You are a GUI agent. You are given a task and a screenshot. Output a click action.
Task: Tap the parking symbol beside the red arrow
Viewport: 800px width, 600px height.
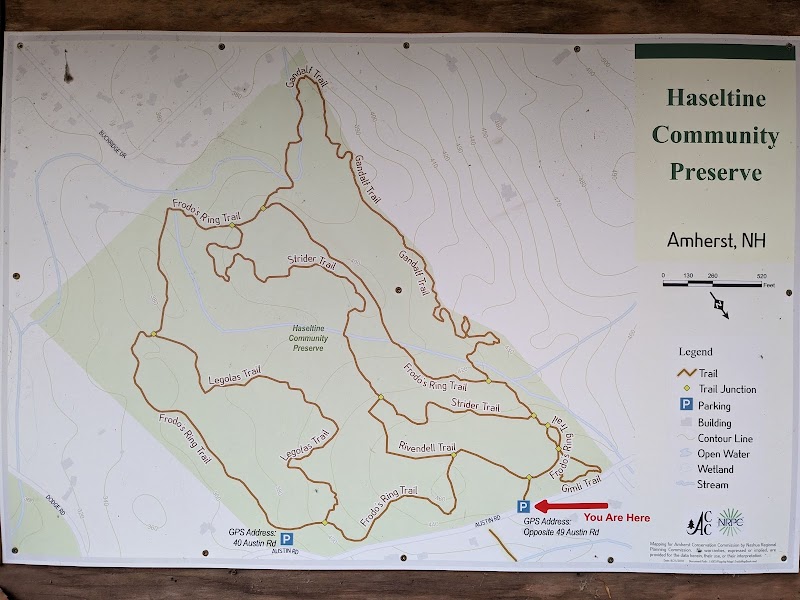523,506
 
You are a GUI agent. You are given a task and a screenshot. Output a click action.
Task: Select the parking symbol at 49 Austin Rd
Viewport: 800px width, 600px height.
287,539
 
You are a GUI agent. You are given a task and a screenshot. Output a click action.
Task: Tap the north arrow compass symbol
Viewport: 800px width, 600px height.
720,304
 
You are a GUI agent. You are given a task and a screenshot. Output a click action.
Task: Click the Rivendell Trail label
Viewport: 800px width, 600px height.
427,446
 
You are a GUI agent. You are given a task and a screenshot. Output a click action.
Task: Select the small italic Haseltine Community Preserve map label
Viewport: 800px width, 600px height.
309,338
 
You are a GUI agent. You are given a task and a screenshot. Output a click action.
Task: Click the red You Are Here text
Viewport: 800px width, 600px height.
617,518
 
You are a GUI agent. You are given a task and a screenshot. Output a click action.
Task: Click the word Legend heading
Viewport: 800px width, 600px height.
695,352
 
